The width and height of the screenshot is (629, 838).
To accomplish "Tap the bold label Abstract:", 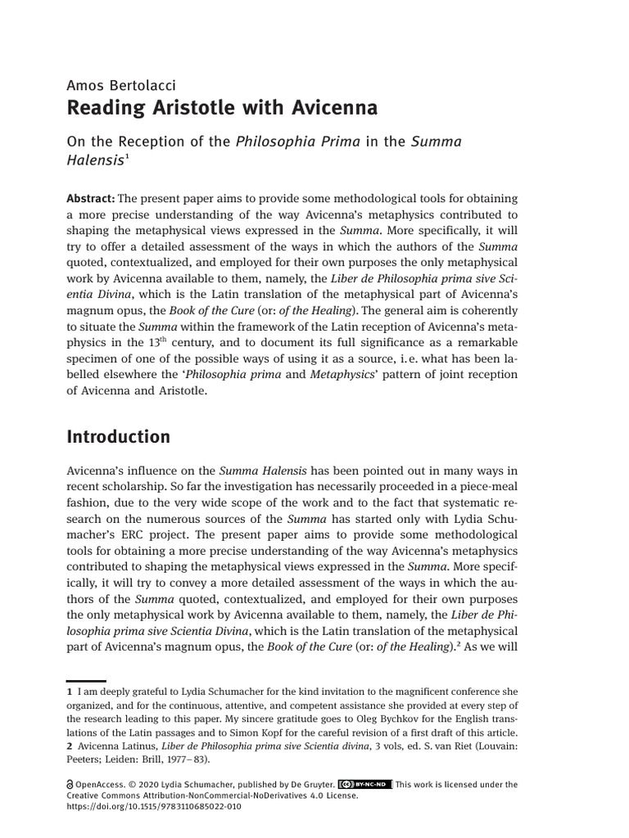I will [91, 199].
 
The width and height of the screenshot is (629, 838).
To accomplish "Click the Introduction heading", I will [118, 437].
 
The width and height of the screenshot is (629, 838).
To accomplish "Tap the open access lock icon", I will [69, 784].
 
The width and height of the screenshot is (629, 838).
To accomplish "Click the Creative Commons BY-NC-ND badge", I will [364, 784].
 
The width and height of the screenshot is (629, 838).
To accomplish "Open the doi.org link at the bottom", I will [153, 807].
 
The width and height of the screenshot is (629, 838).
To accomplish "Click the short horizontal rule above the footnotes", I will [86, 681].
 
